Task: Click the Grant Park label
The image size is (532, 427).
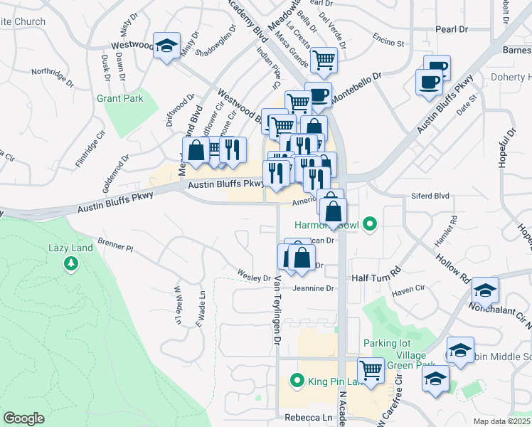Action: point(119,98)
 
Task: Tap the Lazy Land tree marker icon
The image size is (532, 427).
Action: point(70,265)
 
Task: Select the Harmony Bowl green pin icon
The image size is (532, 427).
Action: point(368,226)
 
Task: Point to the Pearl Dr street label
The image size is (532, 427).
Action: point(452,29)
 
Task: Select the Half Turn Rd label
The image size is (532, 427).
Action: point(376,272)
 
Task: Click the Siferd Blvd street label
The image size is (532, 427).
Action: point(431,195)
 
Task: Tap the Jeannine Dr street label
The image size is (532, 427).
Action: point(313,288)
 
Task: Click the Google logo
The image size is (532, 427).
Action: point(23,418)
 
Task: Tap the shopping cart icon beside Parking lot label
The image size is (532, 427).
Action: point(371,369)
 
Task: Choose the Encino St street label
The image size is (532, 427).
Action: point(387,43)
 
